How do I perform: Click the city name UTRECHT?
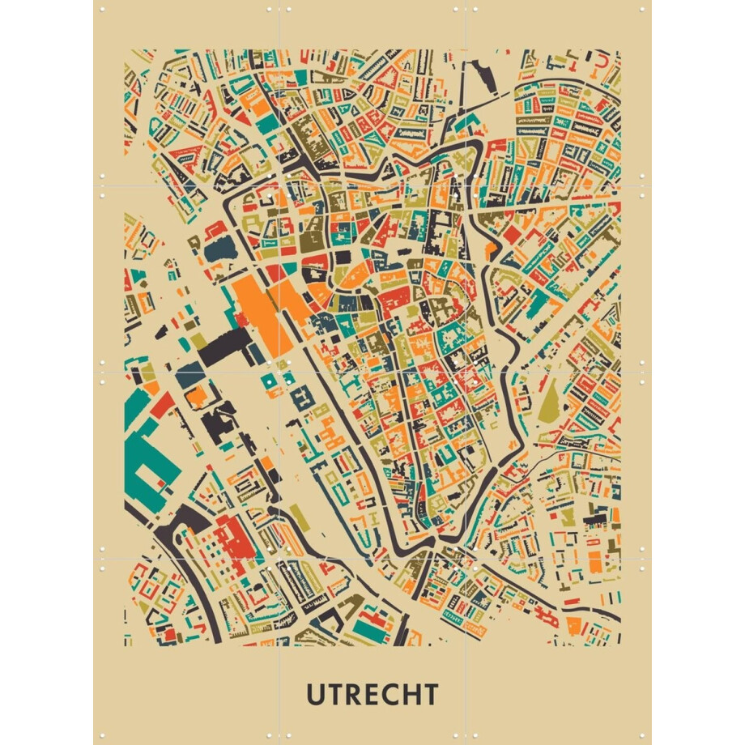pyautogui.click(x=372, y=694)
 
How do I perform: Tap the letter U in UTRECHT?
pyautogui.click(x=317, y=694)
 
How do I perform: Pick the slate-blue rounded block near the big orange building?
pyautogui.click(x=217, y=249)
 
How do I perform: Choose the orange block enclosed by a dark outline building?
pyautogui.click(x=196, y=396)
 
